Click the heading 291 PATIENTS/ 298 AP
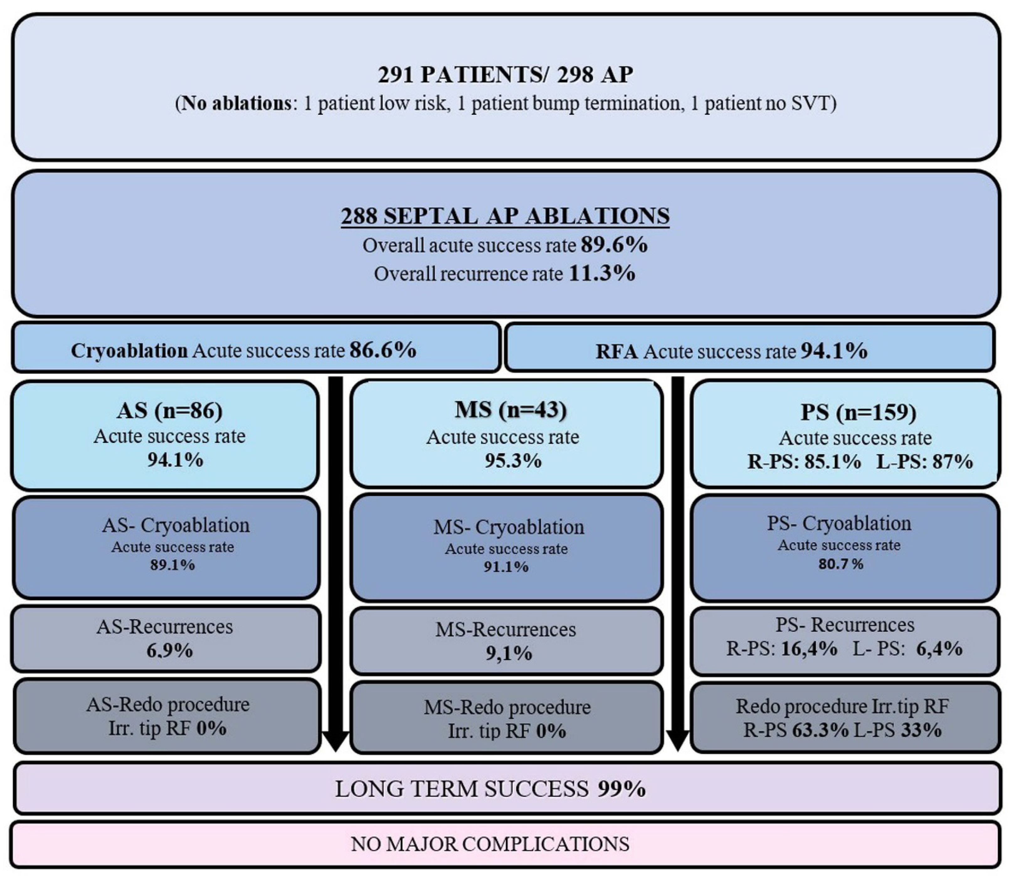pyautogui.click(x=505, y=75)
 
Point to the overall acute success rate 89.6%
pyautogui.click(x=614, y=244)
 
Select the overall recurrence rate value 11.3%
pyautogui.click(x=602, y=273)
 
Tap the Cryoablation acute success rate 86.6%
pyautogui.click(x=383, y=350)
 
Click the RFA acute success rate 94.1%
pyautogui.click(x=833, y=351)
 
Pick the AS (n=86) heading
pyautogui.click(x=169, y=410)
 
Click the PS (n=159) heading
pyautogui.click(x=858, y=412)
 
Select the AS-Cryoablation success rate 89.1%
pyautogui.click(x=172, y=565)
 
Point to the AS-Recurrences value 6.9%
pyautogui.click(x=169, y=650)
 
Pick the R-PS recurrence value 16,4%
pyautogui.click(x=809, y=648)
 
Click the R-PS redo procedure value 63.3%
pyautogui.click(x=820, y=730)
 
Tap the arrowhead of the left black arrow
pyautogui.click(x=335, y=741)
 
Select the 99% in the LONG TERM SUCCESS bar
pyautogui.click(x=621, y=789)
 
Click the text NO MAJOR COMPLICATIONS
pyautogui.click(x=490, y=844)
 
